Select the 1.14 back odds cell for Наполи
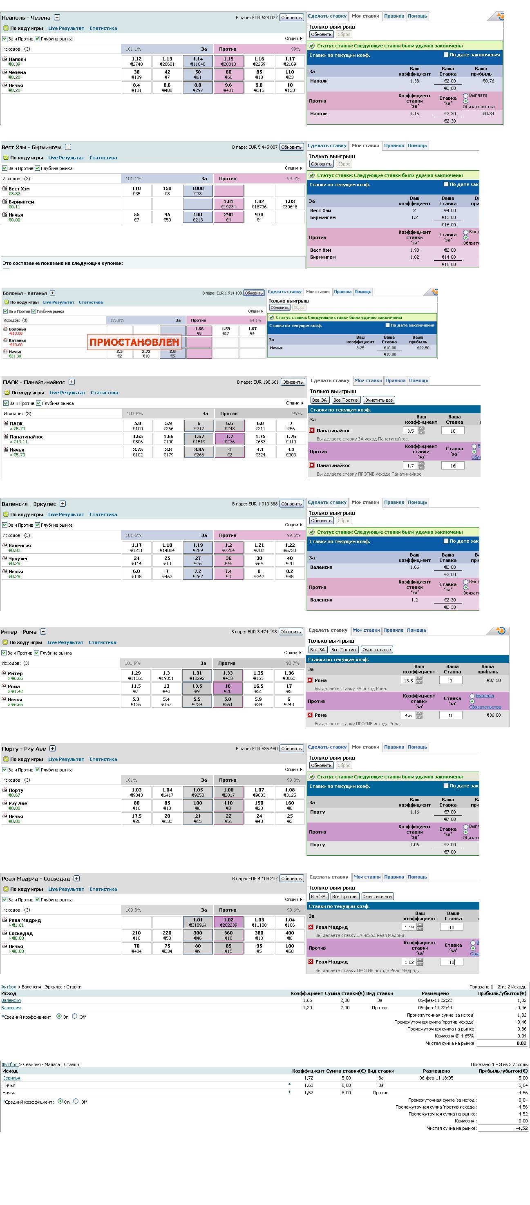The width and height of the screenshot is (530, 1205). tap(198, 61)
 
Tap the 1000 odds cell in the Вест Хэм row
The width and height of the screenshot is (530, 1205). tap(198, 191)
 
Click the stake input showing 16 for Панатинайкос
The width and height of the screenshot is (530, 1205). tap(452, 465)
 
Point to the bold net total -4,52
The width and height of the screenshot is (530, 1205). tap(521, 1128)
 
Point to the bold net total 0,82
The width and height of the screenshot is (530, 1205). tap(521, 1043)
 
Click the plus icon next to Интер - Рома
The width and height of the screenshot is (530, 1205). tap(43, 631)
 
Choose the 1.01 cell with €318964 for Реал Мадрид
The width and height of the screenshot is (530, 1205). tap(198, 922)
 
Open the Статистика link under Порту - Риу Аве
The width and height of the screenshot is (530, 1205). tap(103, 759)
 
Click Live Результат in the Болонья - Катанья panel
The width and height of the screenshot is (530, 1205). tap(58, 302)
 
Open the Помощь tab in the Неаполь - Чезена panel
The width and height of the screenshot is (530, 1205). tap(417, 16)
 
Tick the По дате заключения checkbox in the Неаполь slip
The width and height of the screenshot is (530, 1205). tap(446, 55)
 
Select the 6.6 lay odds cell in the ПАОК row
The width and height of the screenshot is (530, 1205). tap(229, 426)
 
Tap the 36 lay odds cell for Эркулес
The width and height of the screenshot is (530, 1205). tap(228, 560)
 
